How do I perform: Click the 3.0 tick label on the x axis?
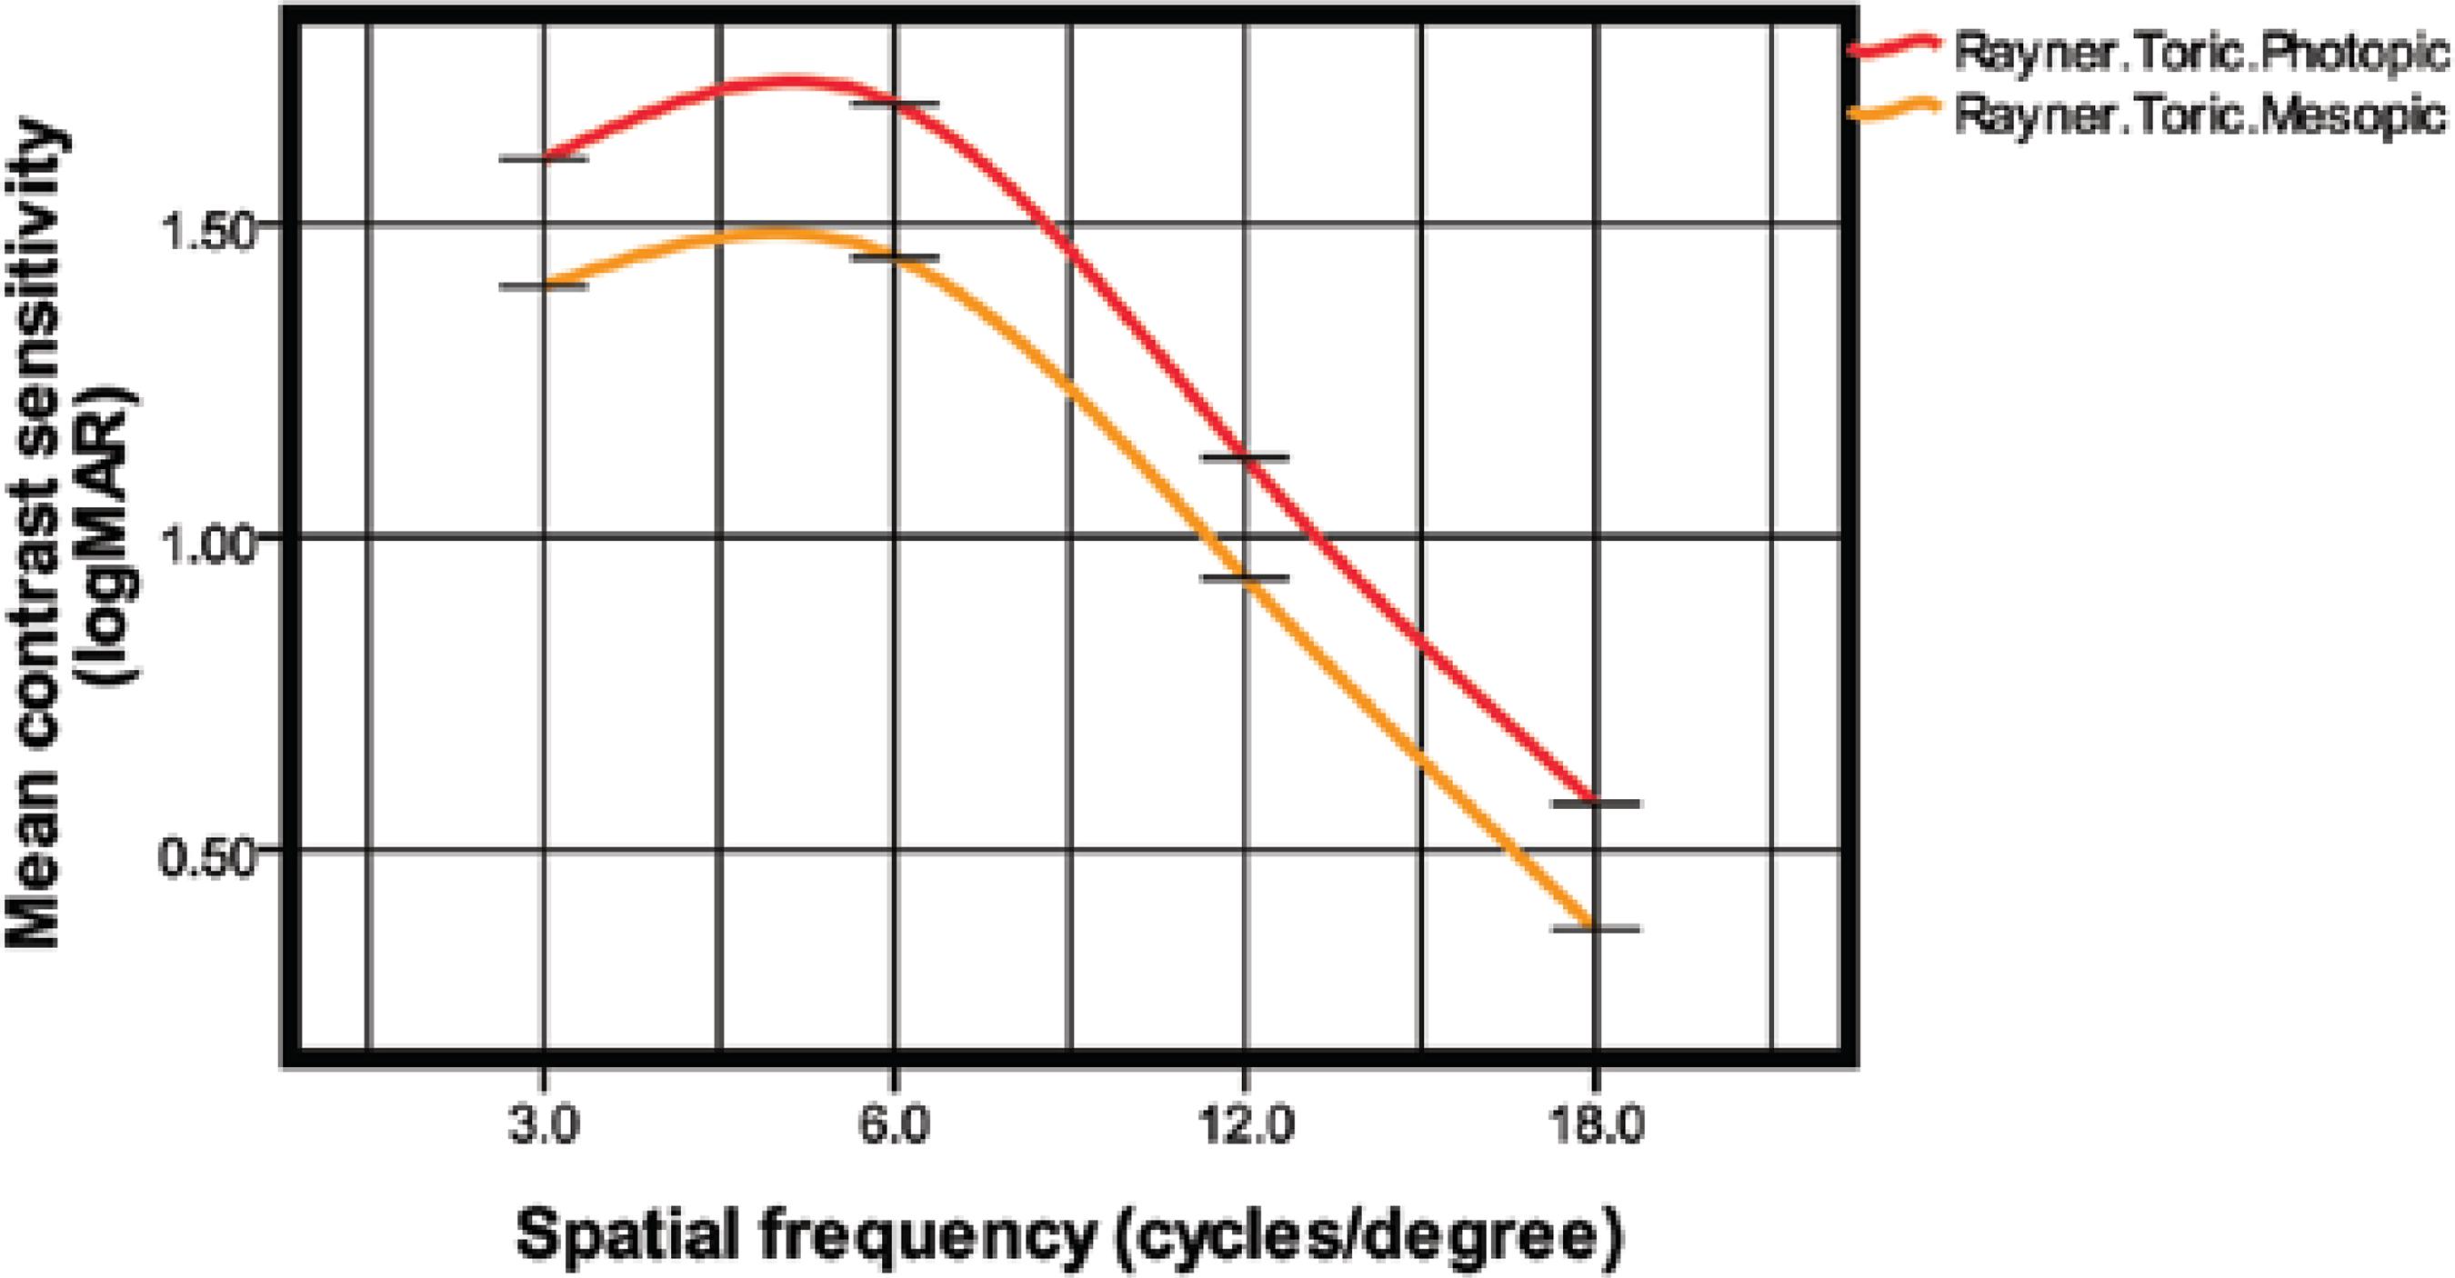click(543, 1128)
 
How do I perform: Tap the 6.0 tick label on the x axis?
click(894, 1128)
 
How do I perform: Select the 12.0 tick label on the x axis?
click(1245, 1128)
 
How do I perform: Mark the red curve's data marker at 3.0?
click(544, 158)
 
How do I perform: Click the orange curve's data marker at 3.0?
click(544, 285)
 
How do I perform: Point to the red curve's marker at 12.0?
click(1245, 458)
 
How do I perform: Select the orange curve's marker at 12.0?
click(1245, 577)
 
